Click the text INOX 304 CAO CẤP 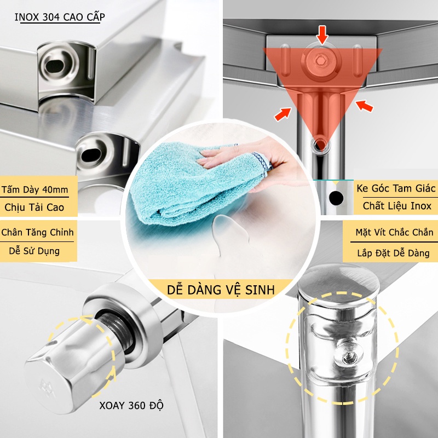pyautogui.click(x=60, y=17)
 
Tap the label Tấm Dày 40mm pyautogui.click(x=34, y=189)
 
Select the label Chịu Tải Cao pyautogui.click(x=34, y=208)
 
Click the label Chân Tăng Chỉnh pyautogui.click(x=37, y=232)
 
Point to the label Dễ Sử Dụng pyautogui.click(x=34, y=251)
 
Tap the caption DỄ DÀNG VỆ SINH pyautogui.click(x=221, y=290)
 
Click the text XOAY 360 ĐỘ pyautogui.click(x=131, y=405)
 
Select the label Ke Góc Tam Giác pyautogui.click(x=396, y=188)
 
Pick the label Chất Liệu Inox pyautogui.click(x=397, y=206)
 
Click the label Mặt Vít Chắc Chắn pyautogui.click(x=394, y=232)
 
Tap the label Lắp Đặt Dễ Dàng pyautogui.click(x=393, y=253)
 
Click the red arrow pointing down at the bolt pyautogui.click(x=322, y=35)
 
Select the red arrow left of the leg pyautogui.click(x=283, y=114)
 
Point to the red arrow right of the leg pyautogui.click(x=364, y=106)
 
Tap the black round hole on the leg pyautogui.click(x=336, y=198)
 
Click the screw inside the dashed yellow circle pyautogui.click(x=349, y=356)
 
